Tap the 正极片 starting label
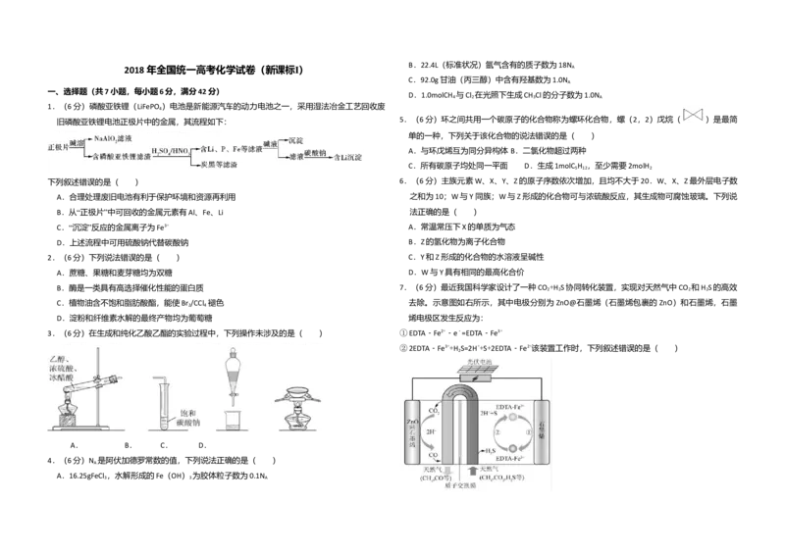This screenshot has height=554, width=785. click(x=60, y=148)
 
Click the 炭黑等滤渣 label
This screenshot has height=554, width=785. click(x=223, y=165)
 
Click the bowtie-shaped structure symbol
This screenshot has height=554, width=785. click(x=694, y=116)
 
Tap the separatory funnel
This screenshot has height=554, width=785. click(x=232, y=378)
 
